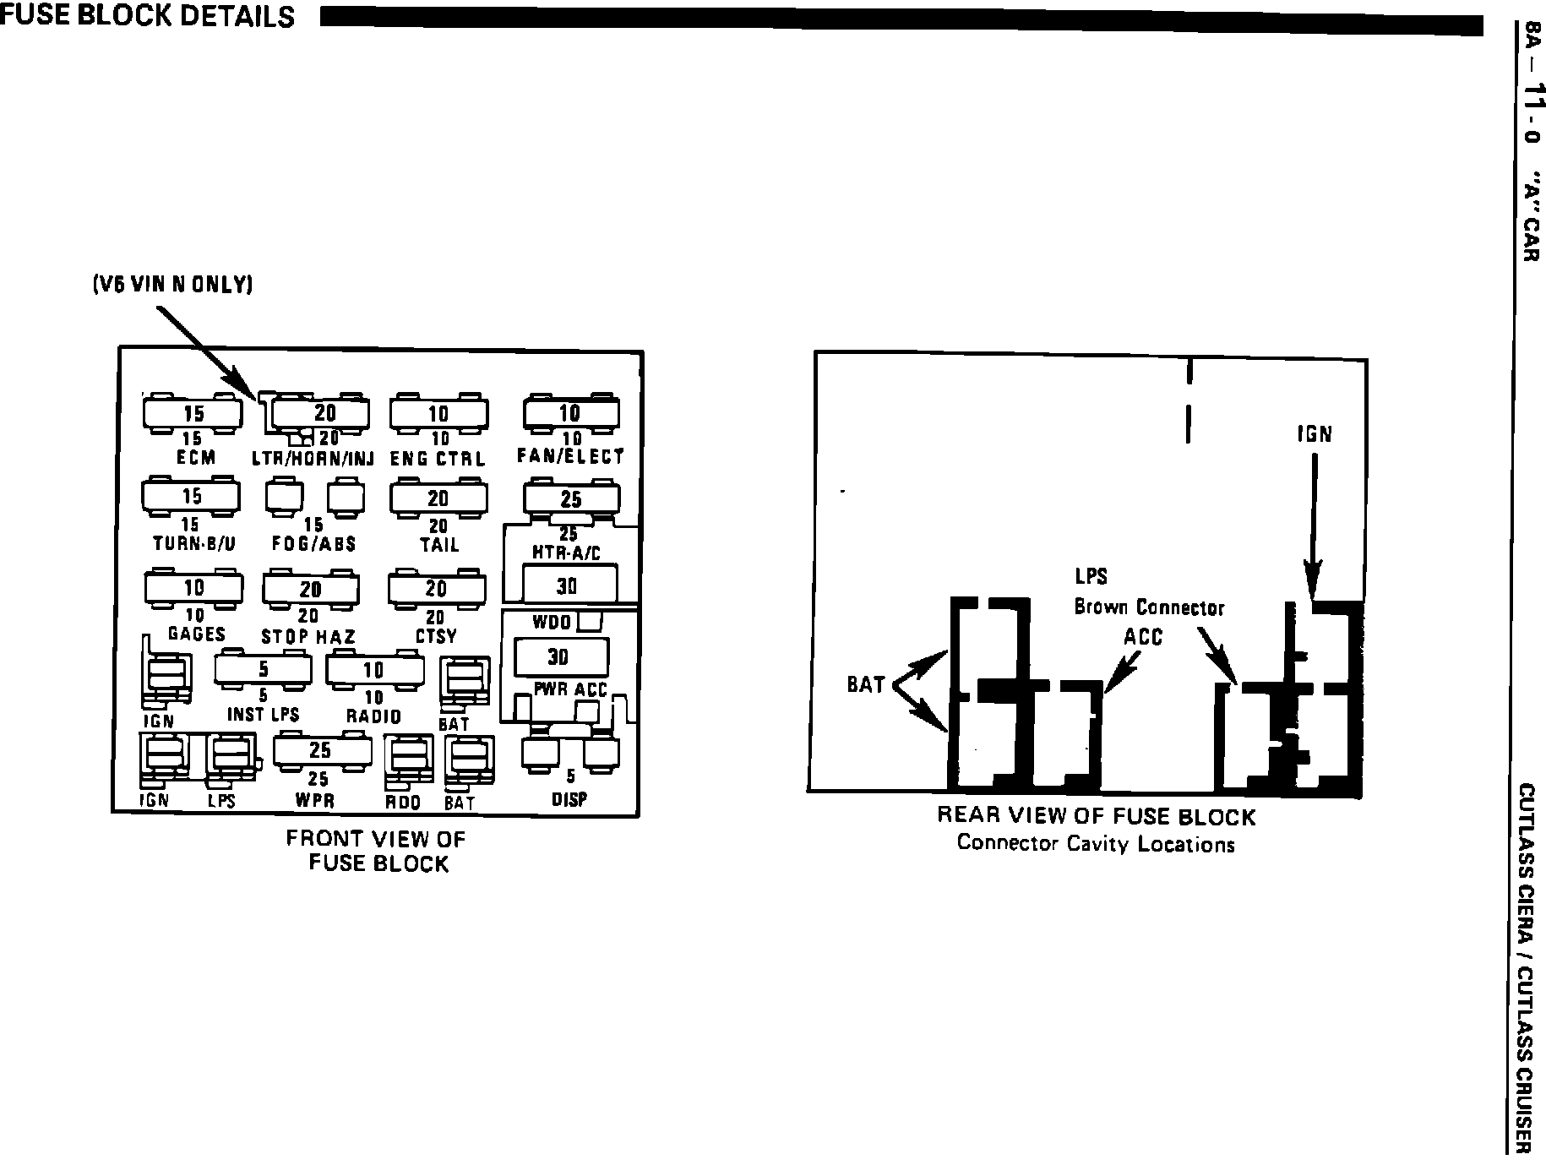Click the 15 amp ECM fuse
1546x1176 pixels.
coord(193,413)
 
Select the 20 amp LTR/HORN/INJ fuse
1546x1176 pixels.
coord(324,412)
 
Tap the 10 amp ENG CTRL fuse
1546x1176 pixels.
coord(438,413)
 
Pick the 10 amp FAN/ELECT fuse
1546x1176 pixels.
coord(570,412)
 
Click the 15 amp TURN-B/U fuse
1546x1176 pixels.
coord(192,497)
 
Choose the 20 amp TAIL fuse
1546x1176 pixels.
coord(438,498)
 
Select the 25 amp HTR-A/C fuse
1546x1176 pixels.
coord(571,499)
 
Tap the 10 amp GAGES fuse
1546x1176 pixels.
coord(193,587)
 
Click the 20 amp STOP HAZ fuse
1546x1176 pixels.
coord(310,589)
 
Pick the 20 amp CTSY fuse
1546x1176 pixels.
coord(436,588)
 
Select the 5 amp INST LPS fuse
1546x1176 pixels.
coord(263,669)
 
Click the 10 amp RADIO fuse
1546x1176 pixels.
coord(374,670)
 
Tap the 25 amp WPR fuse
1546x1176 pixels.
coord(320,750)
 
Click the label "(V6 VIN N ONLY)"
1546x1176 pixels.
coord(173,285)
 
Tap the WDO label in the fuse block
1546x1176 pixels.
coord(552,623)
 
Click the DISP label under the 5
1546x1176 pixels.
coord(569,798)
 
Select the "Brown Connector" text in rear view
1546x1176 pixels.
coord(1149,607)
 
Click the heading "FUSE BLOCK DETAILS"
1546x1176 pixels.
coord(148,16)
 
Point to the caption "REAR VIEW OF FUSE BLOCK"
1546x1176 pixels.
coord(1096,817)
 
